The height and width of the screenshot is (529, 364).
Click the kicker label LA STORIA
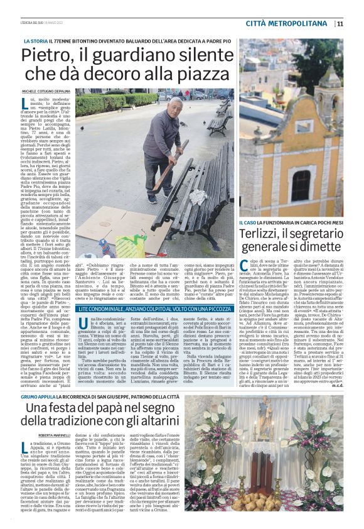click(x=35, y=41)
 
